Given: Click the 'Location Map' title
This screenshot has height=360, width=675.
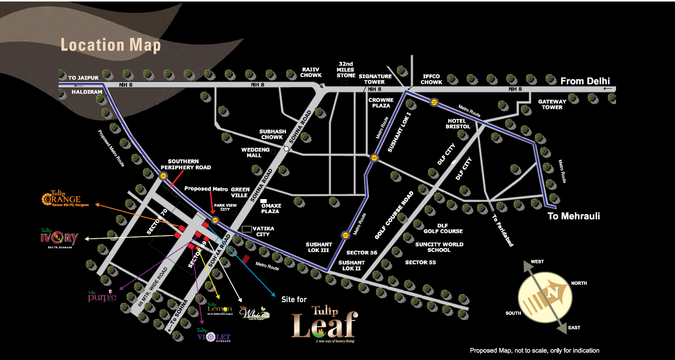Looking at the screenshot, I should (111, 45).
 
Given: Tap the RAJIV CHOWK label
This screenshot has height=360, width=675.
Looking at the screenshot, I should (311, 73).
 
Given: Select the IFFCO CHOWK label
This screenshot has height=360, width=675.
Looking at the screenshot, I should (431, 79).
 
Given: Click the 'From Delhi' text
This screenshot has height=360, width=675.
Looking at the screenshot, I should (585, 81).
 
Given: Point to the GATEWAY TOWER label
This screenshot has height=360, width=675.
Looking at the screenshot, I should (552, 104).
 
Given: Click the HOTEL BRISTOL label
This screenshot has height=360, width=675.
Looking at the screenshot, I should (458, 124).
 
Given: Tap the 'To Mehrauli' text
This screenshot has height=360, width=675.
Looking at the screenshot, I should (574, 216).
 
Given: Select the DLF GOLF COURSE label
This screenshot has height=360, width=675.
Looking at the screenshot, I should (443, 228).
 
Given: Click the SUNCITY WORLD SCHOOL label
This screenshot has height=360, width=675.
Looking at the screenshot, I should (439, 247).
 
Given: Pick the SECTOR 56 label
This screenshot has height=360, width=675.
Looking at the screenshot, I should (362, 252).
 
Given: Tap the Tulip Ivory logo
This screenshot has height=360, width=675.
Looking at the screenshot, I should (59, 238).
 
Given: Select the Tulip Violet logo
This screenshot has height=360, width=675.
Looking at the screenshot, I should (213, 336).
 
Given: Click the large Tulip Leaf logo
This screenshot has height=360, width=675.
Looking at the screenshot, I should (324, 324).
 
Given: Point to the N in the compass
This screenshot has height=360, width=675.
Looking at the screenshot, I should (553, 293).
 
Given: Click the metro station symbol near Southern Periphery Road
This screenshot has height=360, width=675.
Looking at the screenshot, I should (163, 176).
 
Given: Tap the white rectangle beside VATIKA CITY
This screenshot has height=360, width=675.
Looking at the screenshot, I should (247, 229).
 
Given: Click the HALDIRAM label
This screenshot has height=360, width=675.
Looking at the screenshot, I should (87, 92).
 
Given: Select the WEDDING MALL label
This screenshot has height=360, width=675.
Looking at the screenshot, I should (255, 153).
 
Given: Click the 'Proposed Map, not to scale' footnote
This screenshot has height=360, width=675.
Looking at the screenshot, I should (534, 350).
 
